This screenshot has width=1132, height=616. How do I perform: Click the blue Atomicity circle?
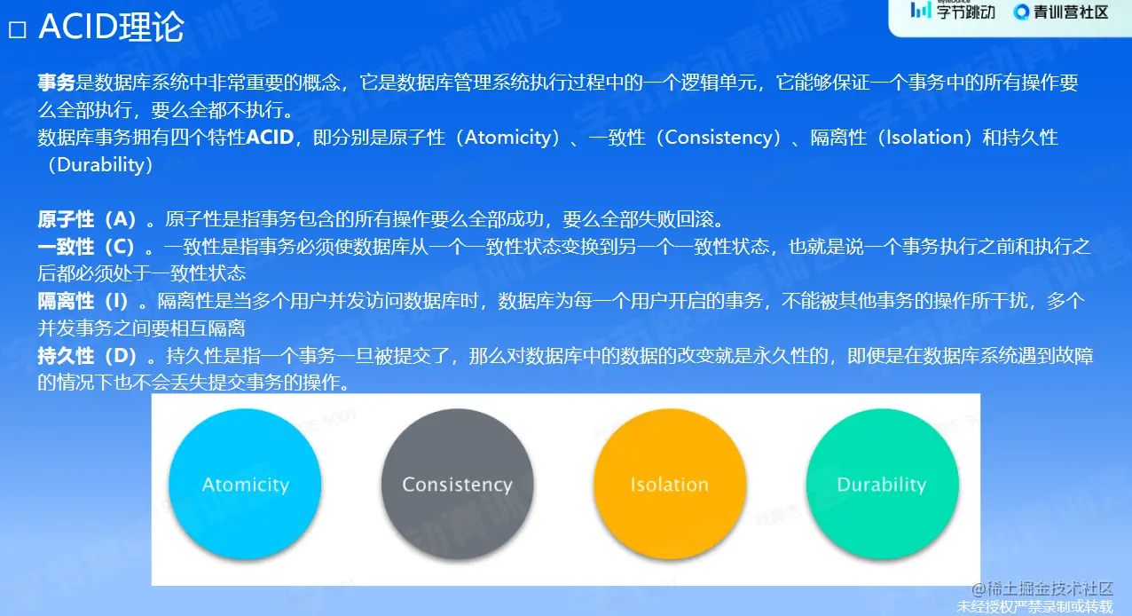click(245, 484)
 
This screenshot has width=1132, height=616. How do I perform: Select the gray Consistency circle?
click(458, 484)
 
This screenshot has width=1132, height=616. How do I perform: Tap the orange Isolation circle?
click(670, 484)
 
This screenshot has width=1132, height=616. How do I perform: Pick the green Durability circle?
click(883, 484)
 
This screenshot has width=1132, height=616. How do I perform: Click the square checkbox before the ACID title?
click(18, 30)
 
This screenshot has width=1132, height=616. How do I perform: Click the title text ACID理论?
click(111, 27)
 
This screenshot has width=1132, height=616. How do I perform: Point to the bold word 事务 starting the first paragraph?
click(56, 83)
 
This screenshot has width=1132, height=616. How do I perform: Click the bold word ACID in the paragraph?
click(270, 137)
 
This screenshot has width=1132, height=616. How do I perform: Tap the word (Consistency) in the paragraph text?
click(719, 138)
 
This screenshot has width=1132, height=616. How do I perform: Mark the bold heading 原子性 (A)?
click(87, 219)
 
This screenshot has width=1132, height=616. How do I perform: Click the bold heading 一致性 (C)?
click(86, 247)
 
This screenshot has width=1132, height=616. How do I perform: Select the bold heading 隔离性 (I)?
click(83, 302)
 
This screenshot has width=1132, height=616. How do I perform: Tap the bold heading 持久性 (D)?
click(88, 356)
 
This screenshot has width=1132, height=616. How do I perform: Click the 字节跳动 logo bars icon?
click(921, 10)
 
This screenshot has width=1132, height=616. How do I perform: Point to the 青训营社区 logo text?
click(1071, 12)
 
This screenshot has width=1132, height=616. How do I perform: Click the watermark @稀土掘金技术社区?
click(1042, 588)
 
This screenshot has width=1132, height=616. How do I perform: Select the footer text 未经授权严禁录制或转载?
click(1035, 606)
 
